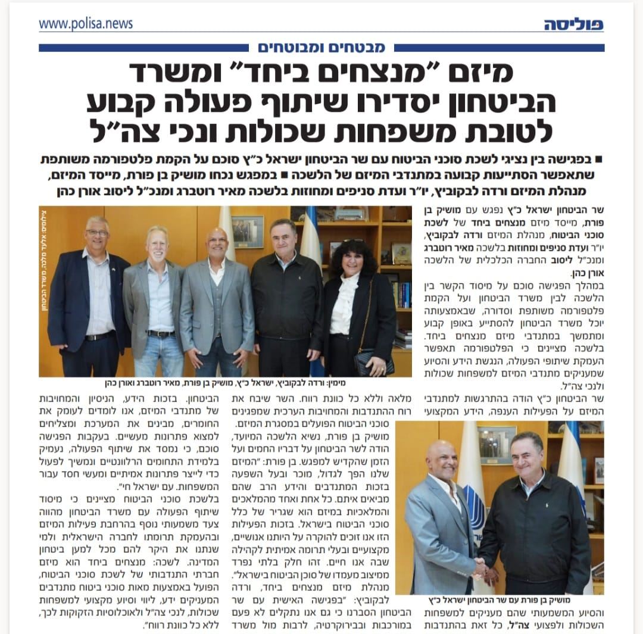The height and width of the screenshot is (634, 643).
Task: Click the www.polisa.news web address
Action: [x=86, y=24]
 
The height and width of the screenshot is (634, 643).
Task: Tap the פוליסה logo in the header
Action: [x=573, y=24]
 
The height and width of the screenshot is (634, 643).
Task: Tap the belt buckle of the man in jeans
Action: [x=162, y=334]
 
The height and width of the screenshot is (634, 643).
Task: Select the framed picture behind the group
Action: [x=248, y=230]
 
